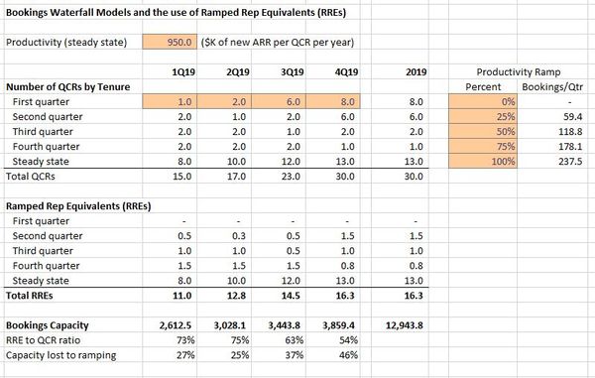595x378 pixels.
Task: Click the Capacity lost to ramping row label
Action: tap(60, 354)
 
